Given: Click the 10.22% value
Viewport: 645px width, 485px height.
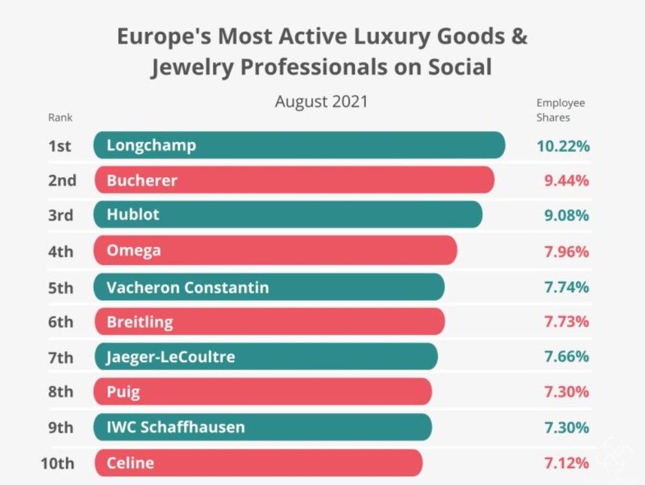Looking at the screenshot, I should point(563,145).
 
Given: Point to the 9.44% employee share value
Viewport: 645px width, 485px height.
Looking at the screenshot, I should point(566,180).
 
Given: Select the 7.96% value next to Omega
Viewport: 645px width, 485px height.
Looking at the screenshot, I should point(566,251).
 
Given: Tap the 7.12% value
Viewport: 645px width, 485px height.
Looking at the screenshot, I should point(566,463).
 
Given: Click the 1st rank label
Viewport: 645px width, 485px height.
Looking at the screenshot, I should point(60,146).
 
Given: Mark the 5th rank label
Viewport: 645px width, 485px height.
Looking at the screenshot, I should point(61,287).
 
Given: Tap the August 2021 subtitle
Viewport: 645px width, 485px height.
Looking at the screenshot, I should point(321,102).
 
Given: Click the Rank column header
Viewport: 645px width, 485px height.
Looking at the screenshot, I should point(60,118).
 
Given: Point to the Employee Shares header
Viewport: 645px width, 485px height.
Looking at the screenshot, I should point(560,110).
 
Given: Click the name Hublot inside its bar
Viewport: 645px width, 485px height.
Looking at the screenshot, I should point(133,215).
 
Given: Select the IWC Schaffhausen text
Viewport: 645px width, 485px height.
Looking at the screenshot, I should point(176,427).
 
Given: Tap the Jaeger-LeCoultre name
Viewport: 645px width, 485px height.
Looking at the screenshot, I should point(171,356).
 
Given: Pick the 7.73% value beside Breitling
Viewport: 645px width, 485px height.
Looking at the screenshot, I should point(566,321).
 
